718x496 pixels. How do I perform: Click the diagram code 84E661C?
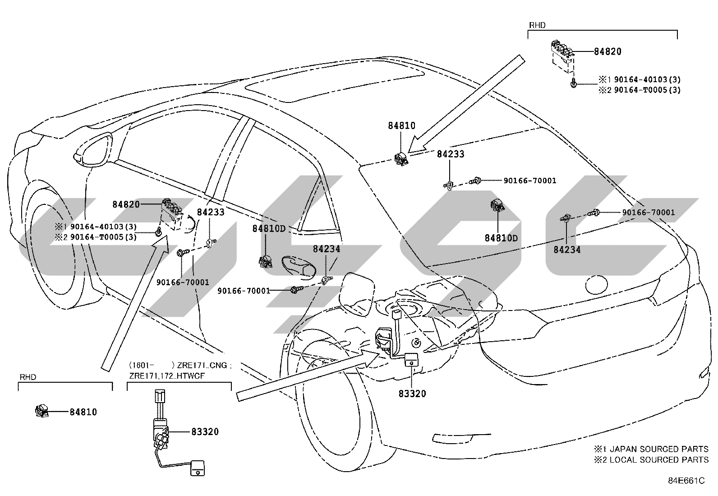686,481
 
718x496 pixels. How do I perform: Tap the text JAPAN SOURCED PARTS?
659,449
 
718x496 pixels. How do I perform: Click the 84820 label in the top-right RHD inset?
608,51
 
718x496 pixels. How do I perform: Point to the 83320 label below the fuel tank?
412,394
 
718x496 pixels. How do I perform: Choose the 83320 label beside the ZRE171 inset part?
205,432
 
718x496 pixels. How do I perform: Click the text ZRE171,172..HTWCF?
167,375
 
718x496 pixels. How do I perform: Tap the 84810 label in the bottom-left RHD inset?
83,412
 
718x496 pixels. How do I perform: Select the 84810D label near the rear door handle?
269,228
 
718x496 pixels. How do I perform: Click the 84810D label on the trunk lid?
501,238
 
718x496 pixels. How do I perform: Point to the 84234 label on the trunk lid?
567,250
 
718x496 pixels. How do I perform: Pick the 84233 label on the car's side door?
211,212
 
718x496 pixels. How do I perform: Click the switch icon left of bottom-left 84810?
42,411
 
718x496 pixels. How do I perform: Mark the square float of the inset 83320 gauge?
198,468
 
